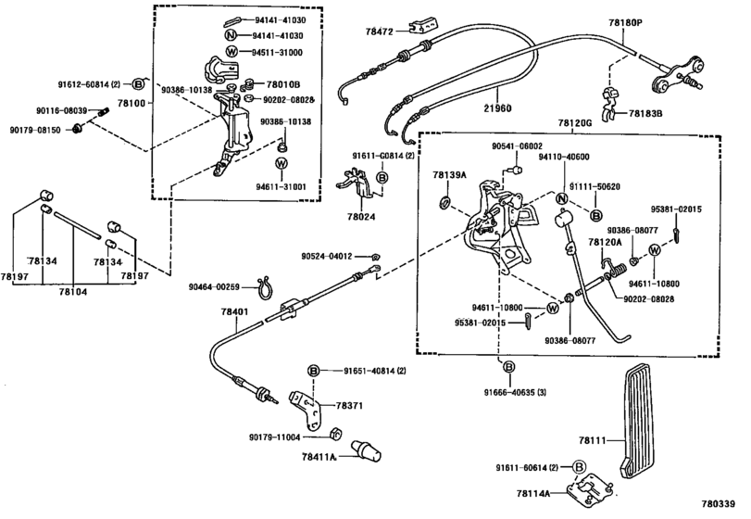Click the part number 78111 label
tap(592, 440)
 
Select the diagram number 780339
tap(718, 503)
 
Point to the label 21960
tap(497, 108)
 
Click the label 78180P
tap(625, 22)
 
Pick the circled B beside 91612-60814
tap(138, 85)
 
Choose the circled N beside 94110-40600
tap(562, 199)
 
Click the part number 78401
tap(234, 311)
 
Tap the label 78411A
tap(319, 457)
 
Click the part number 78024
tap(362, 217)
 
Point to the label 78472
tap(379, 32)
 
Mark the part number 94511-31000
tap(277, 52)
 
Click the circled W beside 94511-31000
tap(232, 52)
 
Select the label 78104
tap(73, 291)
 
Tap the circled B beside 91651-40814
tap(313, 371)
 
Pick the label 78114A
tap(533, 493)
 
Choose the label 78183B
tap(645, 114)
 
